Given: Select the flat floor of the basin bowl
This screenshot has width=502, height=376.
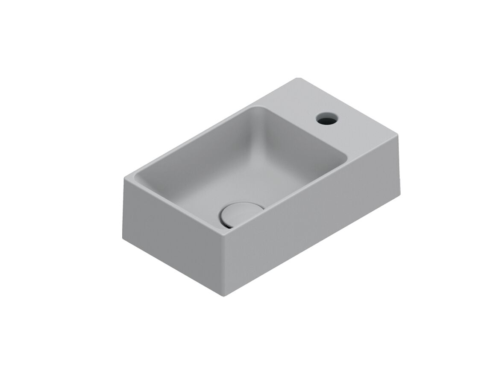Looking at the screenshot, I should point(239,179).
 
